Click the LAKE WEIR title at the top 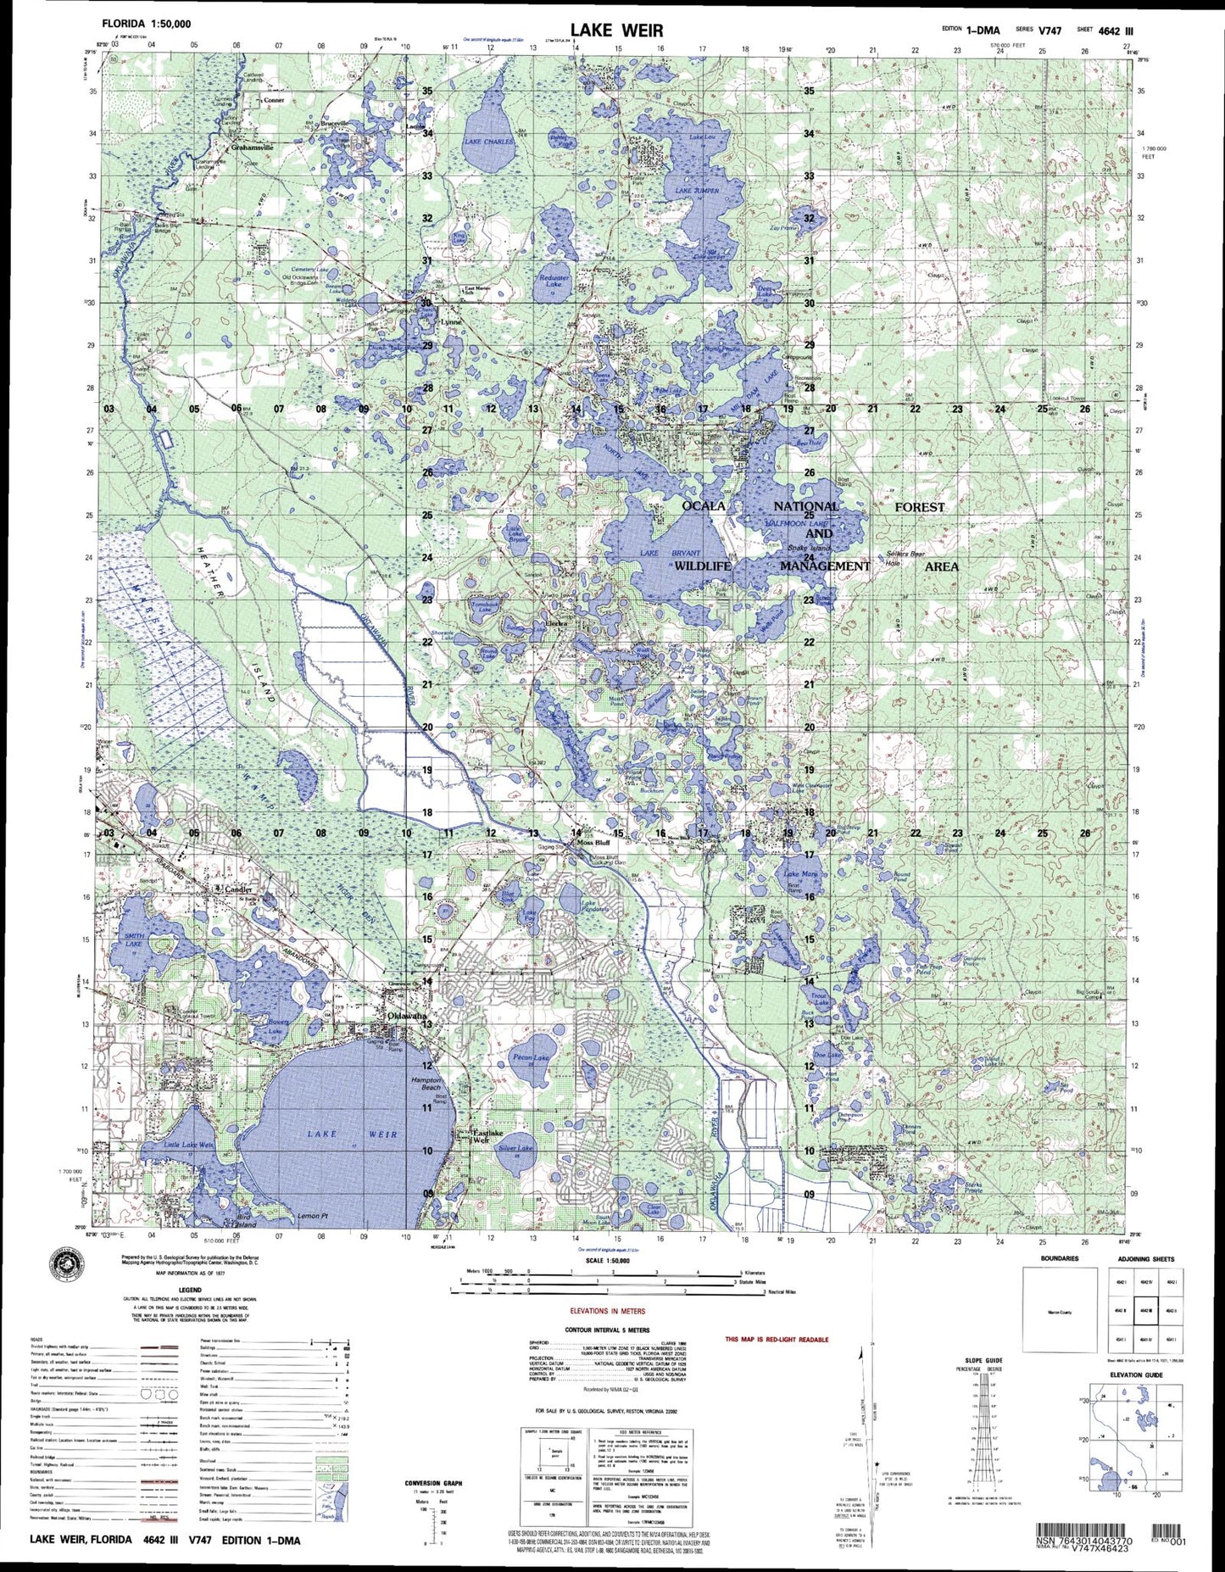(616, 31)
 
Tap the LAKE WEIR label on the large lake (352, 1134)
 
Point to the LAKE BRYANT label (670, 553)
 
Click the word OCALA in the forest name (704, 506)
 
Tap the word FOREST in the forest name (920, 507)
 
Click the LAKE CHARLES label (487, 142)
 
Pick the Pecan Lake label (532, 1058)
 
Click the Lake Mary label (799, 873)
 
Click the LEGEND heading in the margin (190, 1290)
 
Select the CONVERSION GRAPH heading (432, 1482)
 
